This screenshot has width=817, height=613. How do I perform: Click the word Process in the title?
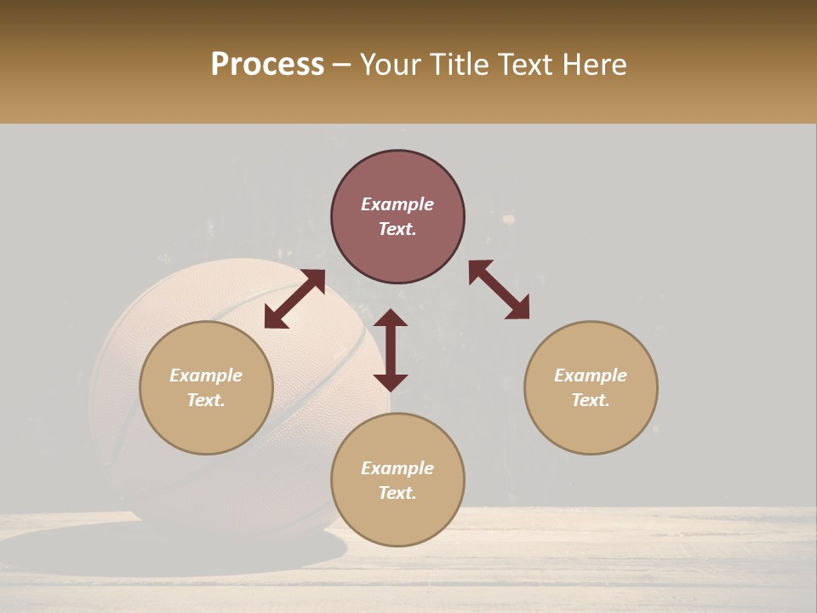pos(267,65)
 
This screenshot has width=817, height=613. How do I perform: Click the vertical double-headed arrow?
pos(391,350)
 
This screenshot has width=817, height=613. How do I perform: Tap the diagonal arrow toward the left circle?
pos(294,299)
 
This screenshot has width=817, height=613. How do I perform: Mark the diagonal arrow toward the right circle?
pos(499,289)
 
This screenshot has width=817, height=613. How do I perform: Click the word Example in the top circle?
pos(397,204)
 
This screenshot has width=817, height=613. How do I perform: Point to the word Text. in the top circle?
pos(397,229)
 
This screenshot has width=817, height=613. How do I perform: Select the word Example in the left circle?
pos(206,375)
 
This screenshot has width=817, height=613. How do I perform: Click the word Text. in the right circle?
pos(591,400)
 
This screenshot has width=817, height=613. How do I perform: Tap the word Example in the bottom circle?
pos(397,468)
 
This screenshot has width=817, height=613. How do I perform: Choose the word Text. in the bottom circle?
pos(397,493)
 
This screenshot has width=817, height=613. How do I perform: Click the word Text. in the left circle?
pos(206,400)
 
